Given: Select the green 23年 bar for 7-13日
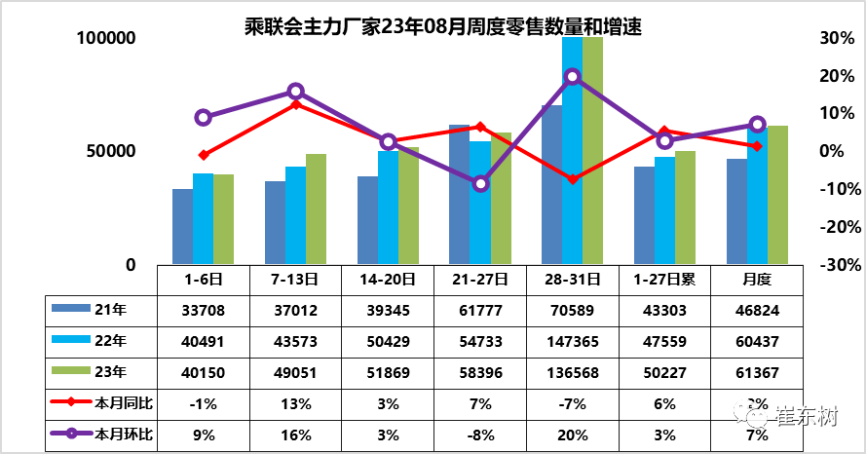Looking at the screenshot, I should (x=316, y=208).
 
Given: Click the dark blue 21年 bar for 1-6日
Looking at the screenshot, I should (x=182, y=226).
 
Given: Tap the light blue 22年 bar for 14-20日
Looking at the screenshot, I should (x=388, y=207).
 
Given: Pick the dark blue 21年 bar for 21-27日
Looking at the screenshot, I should (x=460, y=195).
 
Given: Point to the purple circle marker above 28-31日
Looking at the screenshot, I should (x=573, y=76).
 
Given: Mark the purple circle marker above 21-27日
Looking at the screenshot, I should (x=480, y=183).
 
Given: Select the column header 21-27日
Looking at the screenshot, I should (x=480, y=279).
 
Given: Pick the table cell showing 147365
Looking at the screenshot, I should (x=573, y=341).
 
